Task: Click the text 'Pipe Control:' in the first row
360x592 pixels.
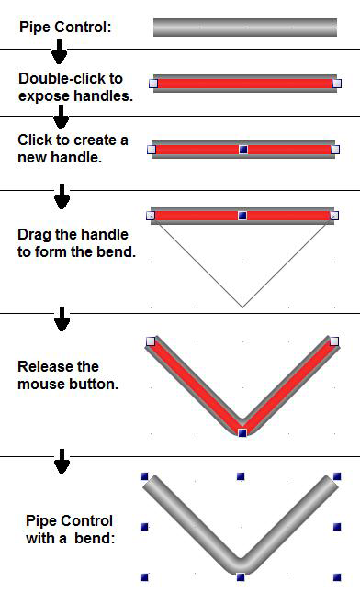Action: click(x=65, y=28)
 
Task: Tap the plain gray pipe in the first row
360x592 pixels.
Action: click(x=245, y=28)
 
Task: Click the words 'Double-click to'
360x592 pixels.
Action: click(x=71, y=79)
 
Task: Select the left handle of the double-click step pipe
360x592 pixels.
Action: click(x=153, y=83)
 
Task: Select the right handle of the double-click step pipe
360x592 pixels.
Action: click(x=337, y=83)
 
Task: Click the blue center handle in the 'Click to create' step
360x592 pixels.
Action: click(x=243, y=150)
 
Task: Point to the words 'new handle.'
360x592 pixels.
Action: click(x=60, y=157)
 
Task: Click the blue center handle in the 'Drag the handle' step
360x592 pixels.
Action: click(x=242, y=216)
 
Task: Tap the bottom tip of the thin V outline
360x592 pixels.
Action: click(x=242, y=307)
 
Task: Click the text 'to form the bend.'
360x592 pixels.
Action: click(x=76, y=251)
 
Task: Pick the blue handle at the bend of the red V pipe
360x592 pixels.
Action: click(x=242, y=432)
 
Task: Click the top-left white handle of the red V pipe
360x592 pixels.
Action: click(x=151, y=341)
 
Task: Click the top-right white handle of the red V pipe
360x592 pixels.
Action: click(x=334, y=341)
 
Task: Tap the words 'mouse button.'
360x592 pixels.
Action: click(x=68, y=384)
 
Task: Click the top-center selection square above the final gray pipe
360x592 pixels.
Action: click(x=241, y=476)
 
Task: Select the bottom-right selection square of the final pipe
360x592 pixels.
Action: click(x=337, y=577)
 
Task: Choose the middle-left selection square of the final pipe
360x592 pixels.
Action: click(x=144, y=527)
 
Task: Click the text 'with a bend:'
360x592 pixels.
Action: click(x=71, y=538)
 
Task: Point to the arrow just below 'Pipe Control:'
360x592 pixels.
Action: click(x=60, y=51)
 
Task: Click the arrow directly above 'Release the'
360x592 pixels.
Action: click(x=62, y=319)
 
